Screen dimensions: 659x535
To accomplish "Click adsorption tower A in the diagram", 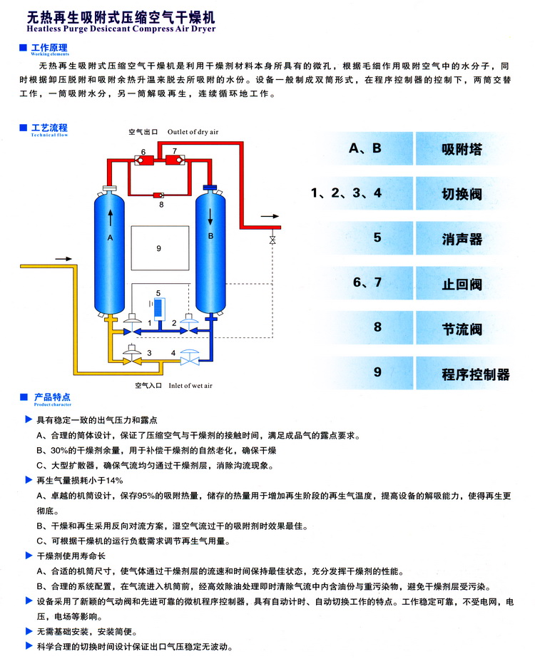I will [x=111, y=250].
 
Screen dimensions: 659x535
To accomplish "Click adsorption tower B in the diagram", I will [x=210, y=250].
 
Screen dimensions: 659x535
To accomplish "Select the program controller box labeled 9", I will [x=159, y=247].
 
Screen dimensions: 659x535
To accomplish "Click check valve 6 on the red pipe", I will [x=143, y=160].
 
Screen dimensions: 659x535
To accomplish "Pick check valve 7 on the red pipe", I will [x=175, y=160].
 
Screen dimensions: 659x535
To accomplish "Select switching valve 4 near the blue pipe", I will [x=190, y=355].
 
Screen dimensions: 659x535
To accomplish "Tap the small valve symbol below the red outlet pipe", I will [x=272, y=240].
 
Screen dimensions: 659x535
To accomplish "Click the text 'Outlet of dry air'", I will [x=193, y=132].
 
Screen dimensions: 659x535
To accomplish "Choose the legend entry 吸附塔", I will [x=462, y=150].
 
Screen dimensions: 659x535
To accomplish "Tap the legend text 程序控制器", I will [x=475, y=374].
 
